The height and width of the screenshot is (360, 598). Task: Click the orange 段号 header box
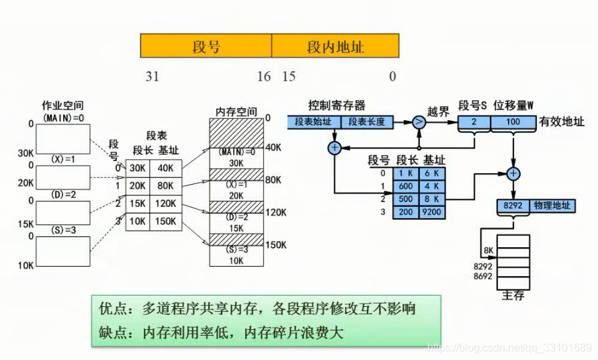tap(206, 46)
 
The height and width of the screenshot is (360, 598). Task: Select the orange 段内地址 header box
tap(335, 46)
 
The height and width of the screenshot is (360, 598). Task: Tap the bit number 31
tap(153, 77)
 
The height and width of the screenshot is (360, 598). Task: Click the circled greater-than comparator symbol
tap(419, 122)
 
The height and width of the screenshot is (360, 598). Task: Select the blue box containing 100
tap(513, 122)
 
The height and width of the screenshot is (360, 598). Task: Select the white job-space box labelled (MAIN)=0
tap(62, 139)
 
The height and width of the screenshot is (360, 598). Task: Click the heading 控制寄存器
tap(337, 106)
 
